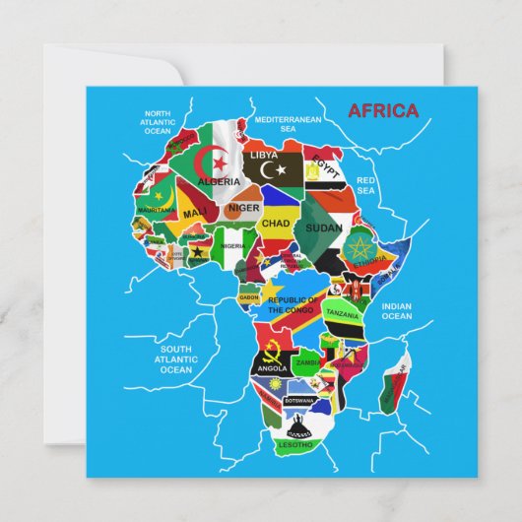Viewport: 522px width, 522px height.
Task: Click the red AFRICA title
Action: [x=382, y=110]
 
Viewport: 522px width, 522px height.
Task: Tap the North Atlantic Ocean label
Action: [x=158, y=122]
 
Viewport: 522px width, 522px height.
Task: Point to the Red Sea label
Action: [x=366, y=186]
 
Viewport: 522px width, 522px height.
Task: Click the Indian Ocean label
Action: [x=396, y=311]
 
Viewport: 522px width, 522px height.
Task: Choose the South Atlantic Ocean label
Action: [x=176, y=359]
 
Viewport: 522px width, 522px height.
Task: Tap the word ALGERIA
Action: [x=219, y=182]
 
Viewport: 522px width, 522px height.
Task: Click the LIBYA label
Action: [x=264, y=156]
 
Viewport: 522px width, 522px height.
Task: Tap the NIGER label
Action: [x=243, y=209]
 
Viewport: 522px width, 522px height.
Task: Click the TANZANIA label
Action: [x=342, y=314]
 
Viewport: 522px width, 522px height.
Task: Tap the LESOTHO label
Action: [x=294, y=445]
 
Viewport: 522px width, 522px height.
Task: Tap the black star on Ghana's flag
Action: [x=195, y=251]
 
